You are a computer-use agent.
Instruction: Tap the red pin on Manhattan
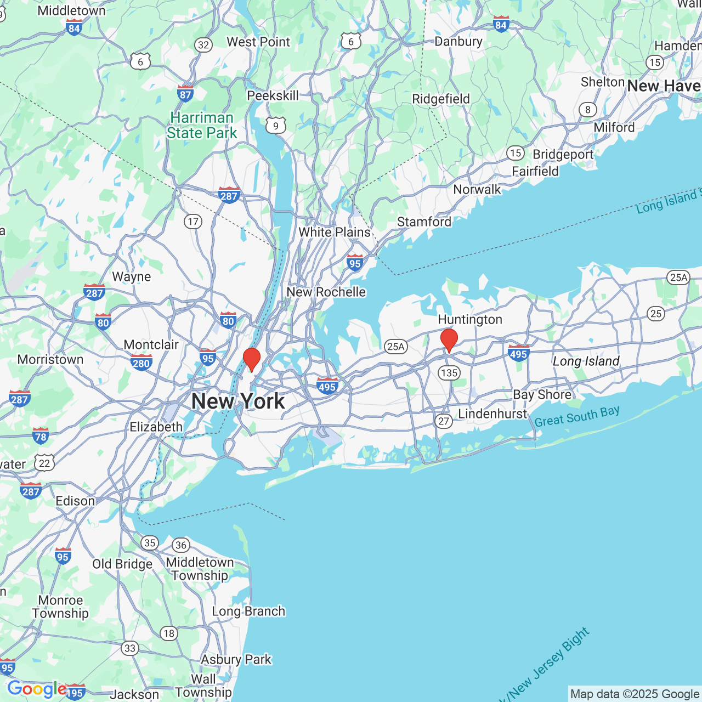[252, 359]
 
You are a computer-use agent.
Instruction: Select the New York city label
[238, 401]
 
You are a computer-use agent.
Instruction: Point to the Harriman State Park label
[202, 126]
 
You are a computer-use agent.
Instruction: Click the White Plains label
[335, 233]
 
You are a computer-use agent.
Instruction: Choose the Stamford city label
[424, 222]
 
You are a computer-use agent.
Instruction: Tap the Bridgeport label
[563, 155]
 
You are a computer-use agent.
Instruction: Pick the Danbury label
[458, 42]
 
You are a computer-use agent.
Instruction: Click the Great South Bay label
[577, 416]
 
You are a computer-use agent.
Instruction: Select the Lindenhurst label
[492, 414]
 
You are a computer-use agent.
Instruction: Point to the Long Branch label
[248, 612]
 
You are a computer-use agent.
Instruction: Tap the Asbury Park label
[236, 660]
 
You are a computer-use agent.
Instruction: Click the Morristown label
[50, 360]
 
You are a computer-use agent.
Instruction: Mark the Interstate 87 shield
[185, 94]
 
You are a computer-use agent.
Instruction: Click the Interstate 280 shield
[141, 363]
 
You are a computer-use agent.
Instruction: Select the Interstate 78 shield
[41, 436]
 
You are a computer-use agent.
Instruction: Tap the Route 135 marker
[449, 373]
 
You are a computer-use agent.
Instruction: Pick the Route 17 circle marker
[193, 222]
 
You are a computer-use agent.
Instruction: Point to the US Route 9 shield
[275, 126]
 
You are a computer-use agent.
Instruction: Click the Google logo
[36, 689]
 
